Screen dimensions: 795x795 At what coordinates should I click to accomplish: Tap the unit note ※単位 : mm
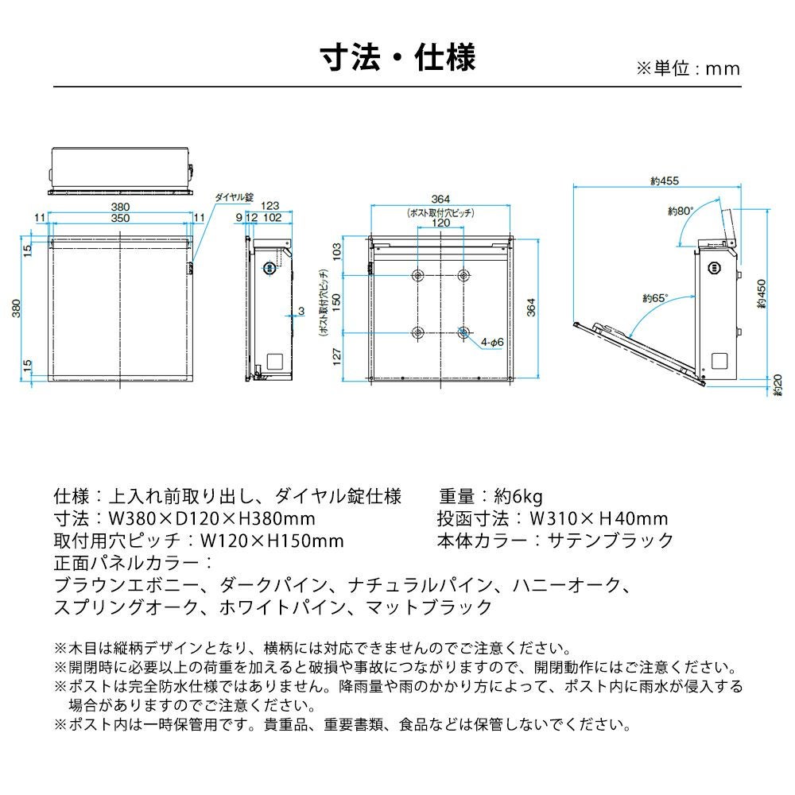point(688,68)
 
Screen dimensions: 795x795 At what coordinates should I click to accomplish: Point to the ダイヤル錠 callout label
point(233,196)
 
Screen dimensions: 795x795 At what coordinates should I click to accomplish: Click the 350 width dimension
point(121,217)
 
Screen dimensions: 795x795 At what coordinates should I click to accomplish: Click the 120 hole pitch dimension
point(440,223)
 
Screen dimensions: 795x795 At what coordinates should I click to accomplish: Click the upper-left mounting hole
point(418,275)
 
